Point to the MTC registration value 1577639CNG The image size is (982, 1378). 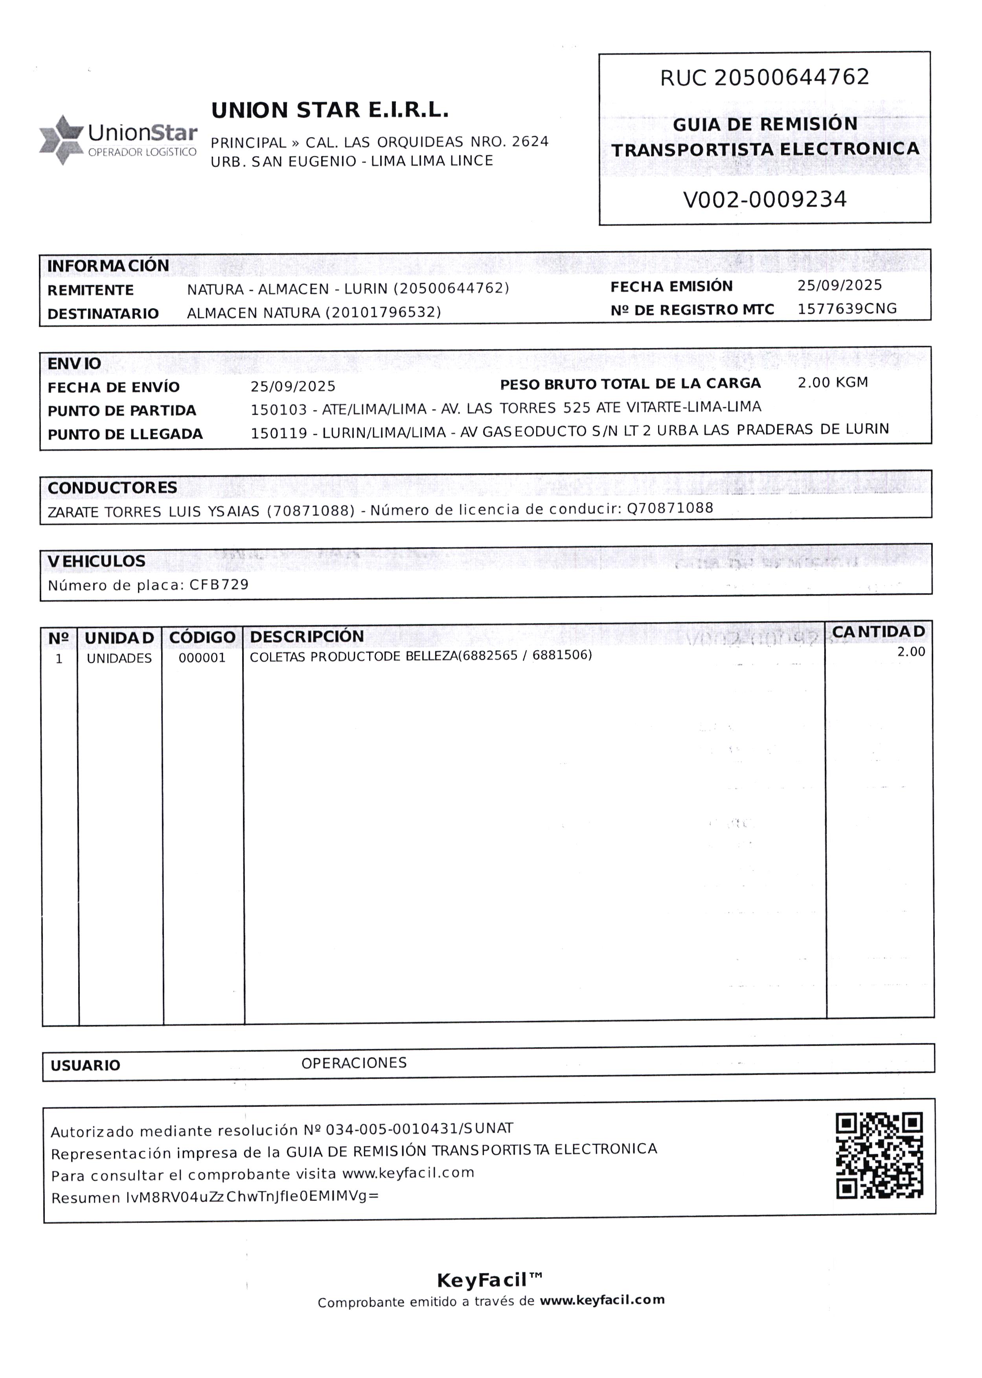coord(846,309)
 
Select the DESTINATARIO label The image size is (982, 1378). coord(103,314)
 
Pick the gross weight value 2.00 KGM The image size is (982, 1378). coord(833,383)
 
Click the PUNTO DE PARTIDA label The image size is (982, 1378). coord(121,411)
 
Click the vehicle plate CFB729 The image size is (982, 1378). coord(219,584)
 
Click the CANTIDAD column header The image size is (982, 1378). coord(878,631)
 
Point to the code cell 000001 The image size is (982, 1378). coord(202,658)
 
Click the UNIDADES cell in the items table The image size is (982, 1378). coord(119,659)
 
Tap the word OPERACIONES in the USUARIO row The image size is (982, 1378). coord(354,1063)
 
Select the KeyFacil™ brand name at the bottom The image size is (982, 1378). coord(489,1281)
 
